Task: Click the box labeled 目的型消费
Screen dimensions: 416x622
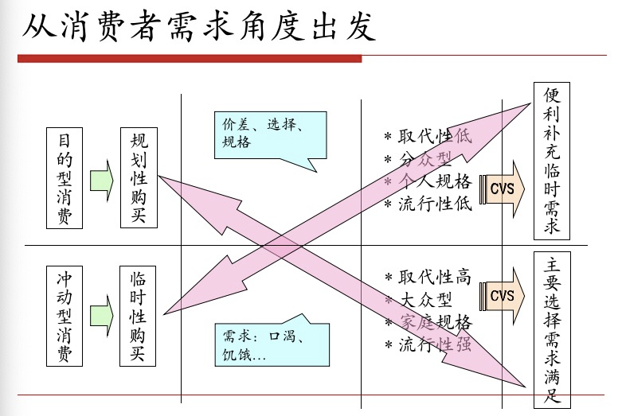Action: (x=65, y=178)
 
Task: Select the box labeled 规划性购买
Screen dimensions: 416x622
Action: (x=139, y=178)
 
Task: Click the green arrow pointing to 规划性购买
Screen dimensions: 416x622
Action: (x=101, y=180)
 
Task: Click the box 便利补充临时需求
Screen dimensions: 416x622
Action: (x=552, y=161)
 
